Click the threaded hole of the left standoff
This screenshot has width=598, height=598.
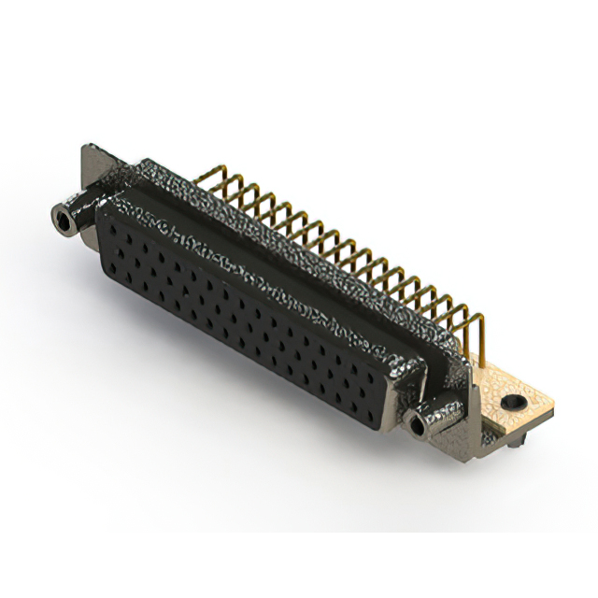64,221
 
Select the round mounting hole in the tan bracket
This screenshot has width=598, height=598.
509,403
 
